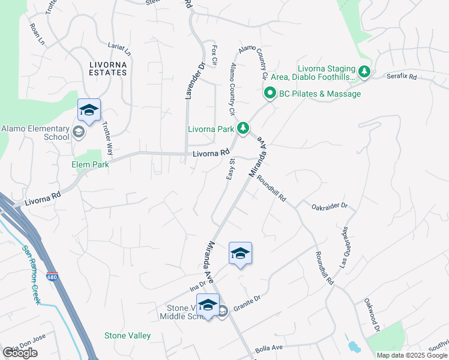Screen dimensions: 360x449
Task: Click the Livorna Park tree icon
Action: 243,128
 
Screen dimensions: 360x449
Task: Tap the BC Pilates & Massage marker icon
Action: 270,94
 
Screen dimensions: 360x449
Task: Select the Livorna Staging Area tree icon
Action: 364,72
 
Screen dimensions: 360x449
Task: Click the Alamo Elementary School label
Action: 35,132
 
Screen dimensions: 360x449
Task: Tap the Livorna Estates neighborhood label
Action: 108,68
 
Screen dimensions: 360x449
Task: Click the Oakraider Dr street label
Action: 330,206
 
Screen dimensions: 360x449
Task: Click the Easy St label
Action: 230,169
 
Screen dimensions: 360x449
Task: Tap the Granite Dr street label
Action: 247,299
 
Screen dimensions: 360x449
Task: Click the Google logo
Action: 20,353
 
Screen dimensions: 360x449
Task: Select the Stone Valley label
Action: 128,335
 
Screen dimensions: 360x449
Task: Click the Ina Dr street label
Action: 194,287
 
